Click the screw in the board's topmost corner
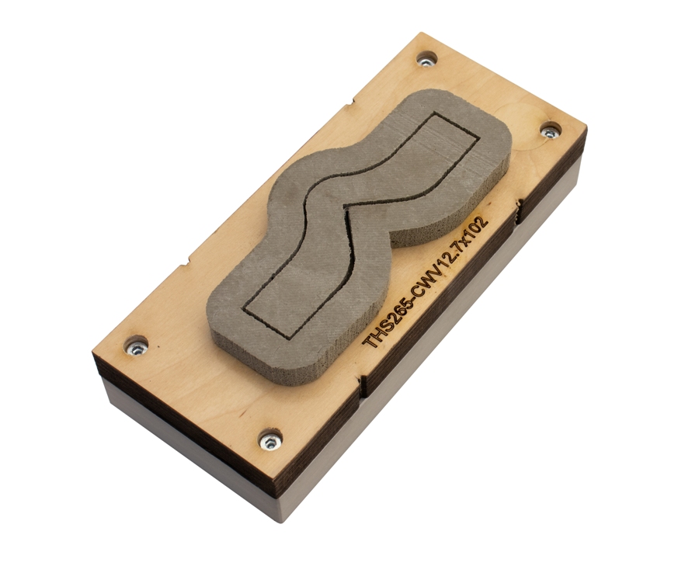[x=426, y=59]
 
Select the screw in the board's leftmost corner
[x=137, y=346]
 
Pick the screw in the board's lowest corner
[x=269, y=440]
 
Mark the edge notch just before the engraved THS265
[x=361, y=380]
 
